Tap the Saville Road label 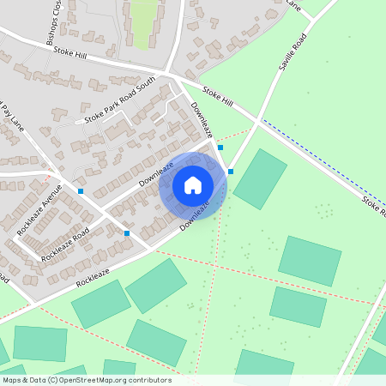click(x=292, y=53)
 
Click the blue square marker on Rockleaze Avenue click(x=81, y=190)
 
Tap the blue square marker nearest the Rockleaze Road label click(x=127, y=232)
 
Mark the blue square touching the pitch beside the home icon click(x=231, y=172)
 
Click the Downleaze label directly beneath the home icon click(x=196, y=215)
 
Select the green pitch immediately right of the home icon click(x=260, y=178)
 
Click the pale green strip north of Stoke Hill click(x=143, y=24)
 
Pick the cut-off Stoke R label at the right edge click(x=373, y=205)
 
